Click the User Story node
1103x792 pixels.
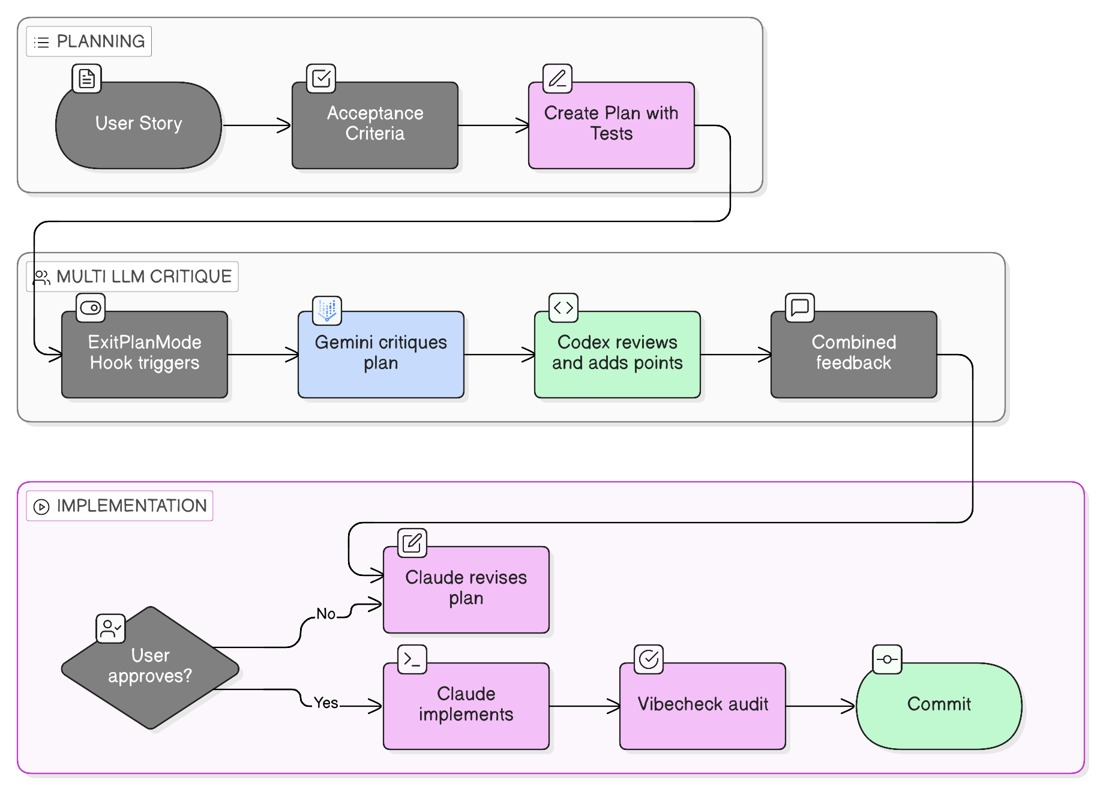(139, 125)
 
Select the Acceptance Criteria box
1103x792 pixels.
(375, 125)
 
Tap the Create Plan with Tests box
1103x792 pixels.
(611, 125)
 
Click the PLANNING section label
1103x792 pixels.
(89, 41)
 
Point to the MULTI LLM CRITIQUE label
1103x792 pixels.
(133, 277)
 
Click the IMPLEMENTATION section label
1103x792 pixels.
(120, 506)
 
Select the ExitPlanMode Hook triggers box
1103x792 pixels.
(145, 354)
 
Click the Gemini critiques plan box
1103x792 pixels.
(380, 354)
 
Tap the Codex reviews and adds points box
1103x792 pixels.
(617, 354)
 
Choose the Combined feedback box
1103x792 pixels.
(853, 354)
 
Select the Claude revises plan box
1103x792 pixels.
(466, 589)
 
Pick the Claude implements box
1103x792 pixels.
(466, 706)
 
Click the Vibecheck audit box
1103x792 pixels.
(702, 706)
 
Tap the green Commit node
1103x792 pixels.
(939, 706)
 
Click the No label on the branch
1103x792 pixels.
(326, 614)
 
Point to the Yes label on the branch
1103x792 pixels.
(326, 703)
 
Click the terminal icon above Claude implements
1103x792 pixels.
(412, 659)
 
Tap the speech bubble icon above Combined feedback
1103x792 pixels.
(800, 308)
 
